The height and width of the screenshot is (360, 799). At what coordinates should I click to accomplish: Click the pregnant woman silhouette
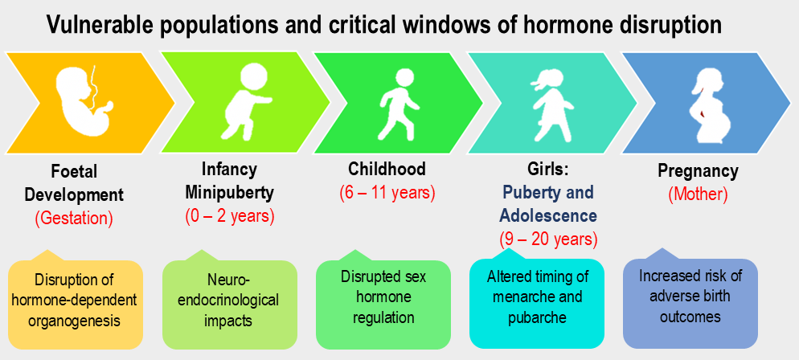coord(714,104)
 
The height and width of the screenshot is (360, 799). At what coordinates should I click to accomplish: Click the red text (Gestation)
coord(75,217)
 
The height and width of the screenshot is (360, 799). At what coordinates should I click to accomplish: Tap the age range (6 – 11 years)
coord(387,193)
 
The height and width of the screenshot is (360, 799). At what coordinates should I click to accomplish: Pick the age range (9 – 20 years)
coord(547,238)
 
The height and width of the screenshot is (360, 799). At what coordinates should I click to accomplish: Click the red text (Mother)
coord(698,193)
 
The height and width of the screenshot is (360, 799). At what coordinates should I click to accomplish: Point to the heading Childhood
coord(387,170)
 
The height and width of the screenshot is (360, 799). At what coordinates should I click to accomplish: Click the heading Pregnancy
coord(698,170)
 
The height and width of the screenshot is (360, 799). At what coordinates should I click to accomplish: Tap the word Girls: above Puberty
coord(548,170)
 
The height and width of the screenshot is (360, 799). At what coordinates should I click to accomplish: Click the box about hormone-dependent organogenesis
coord(76,304)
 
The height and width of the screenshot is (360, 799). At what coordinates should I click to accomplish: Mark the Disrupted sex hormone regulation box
coord(386,297)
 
